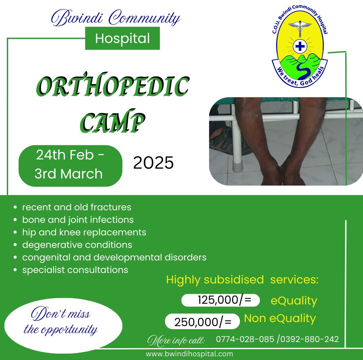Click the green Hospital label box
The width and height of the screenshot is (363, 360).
point(122,39)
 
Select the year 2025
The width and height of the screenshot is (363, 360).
point(153,163)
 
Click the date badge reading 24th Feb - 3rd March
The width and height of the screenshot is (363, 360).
point(70,166)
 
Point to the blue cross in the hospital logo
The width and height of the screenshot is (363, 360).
point(299,46)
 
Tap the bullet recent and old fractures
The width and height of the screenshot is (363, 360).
point(77,207)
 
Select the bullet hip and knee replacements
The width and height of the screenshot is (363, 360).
point(84,232)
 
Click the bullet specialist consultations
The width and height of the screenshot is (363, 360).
point(75,270)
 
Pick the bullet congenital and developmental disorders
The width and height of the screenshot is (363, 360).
point(114,257)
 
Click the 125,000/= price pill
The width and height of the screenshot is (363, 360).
point(221,300)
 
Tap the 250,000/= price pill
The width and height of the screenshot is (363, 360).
point(202,321)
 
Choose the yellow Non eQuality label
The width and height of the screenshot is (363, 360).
point(280,318)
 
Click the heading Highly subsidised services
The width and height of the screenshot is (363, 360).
point(242,280)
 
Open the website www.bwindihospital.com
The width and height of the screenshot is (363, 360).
point(189,354)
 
